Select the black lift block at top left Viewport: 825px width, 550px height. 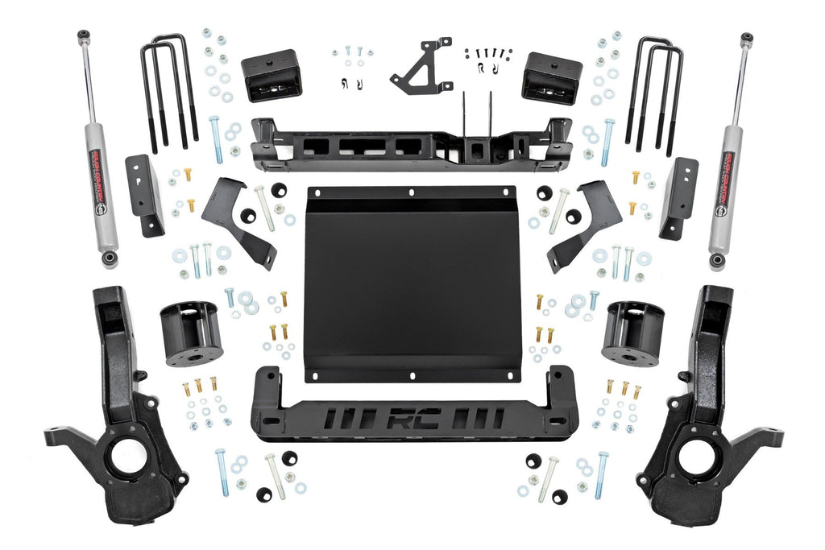click(x=271, y=75)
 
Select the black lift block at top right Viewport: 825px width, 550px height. click(x=552, y=78)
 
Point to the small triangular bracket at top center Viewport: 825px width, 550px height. click(x=421, y=66)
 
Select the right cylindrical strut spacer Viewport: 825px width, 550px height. click(x=632, y=332)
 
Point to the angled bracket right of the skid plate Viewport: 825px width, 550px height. click(x=585, y=225)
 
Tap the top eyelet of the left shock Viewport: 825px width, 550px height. click(x=83, y=36)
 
